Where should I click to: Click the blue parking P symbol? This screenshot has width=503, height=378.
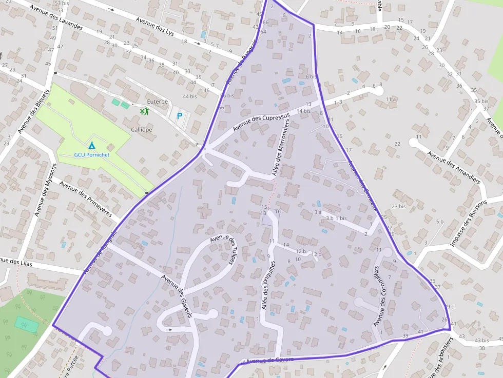point(180,116)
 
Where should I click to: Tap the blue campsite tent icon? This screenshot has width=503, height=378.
point(92,145)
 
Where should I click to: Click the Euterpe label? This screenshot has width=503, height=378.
point(157,102)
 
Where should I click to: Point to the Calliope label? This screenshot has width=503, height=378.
point(141,130)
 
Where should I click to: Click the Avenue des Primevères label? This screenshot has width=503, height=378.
point(86,198)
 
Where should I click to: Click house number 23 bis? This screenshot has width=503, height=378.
point(398,206)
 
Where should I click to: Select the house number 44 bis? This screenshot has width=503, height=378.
point(189,96)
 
